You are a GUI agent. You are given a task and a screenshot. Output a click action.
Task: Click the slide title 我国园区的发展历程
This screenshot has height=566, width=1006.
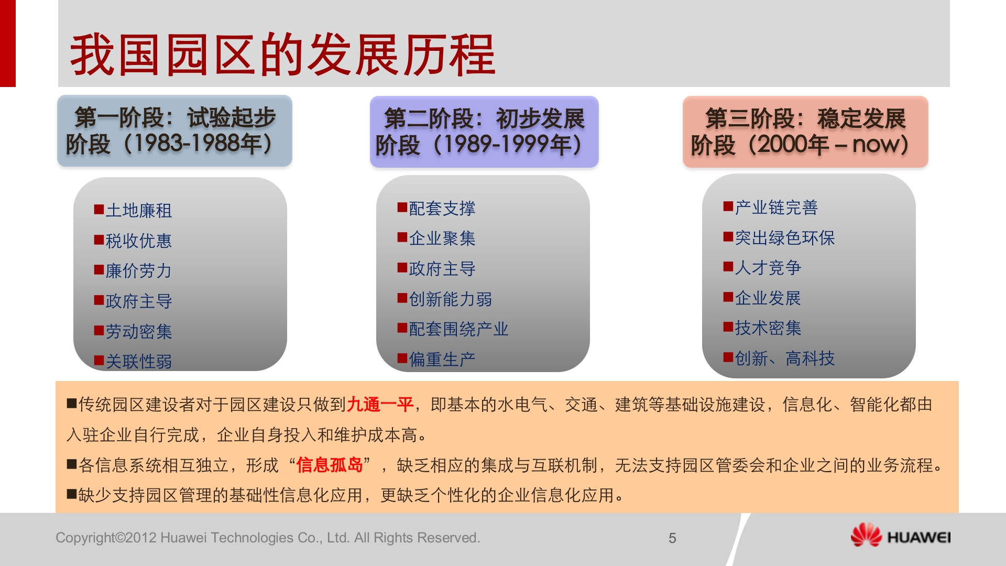coord(283,55)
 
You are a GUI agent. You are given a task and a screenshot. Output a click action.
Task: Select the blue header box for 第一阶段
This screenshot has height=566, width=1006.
coord(174,131)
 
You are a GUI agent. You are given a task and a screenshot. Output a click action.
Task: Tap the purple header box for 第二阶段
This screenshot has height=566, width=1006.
coord(484,132)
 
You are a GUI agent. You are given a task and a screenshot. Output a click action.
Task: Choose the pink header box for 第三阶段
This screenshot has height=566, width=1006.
coord(805,132)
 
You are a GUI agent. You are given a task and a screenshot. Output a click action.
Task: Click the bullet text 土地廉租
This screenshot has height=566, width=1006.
coord(139,211)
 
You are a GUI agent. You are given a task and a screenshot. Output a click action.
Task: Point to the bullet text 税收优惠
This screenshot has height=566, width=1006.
coord(139,241)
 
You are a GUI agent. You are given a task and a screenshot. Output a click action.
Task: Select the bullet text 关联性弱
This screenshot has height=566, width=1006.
coord(139,362)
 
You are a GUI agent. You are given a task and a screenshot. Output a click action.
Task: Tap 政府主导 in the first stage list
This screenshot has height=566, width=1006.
coord(139,301)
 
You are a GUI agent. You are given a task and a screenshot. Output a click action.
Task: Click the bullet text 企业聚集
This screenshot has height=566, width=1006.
coord(442,238)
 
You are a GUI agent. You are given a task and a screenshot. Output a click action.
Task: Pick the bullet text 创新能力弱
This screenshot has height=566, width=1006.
coord(451,299)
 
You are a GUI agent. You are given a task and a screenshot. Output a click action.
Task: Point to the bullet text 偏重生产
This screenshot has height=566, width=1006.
coord(442,360)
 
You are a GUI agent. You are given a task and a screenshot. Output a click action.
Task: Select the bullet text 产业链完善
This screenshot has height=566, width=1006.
coord(777,208)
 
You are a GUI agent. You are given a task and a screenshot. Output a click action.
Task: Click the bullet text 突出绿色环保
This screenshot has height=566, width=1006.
coord(785,238)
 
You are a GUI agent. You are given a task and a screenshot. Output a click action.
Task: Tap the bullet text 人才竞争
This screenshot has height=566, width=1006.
coord(768,268)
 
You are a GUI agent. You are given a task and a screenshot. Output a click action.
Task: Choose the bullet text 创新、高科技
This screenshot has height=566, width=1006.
coord(785,358)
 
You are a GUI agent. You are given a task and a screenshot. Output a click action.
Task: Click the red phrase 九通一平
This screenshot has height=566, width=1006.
coord(380,405)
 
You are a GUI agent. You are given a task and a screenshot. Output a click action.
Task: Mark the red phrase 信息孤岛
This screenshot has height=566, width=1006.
coord(330,465)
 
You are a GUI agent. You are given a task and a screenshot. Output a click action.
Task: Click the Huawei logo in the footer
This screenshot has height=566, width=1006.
coord(900,536)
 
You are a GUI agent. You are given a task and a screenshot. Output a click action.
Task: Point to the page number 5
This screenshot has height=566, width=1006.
coord(672,538)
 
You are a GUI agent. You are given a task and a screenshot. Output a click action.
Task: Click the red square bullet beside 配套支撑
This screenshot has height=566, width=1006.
coord(402,208)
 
